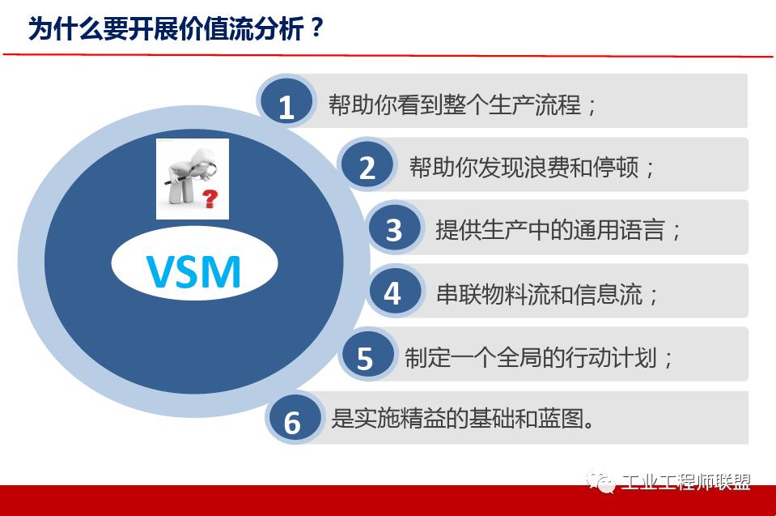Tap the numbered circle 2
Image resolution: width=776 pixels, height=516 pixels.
(x=367, y=167)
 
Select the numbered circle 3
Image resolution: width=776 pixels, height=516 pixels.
(x=394, y=229)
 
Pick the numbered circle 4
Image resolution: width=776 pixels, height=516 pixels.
(x=392, y=292)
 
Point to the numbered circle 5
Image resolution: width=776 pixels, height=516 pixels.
(x=365, y=357)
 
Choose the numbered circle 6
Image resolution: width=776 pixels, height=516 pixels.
(x=292, y=421)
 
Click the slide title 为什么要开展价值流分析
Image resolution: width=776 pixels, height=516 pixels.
(x=166, y=28)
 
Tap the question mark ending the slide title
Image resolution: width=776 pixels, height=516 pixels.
(x=316, y=28)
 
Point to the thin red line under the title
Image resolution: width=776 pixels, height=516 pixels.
(x=388, y=55)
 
